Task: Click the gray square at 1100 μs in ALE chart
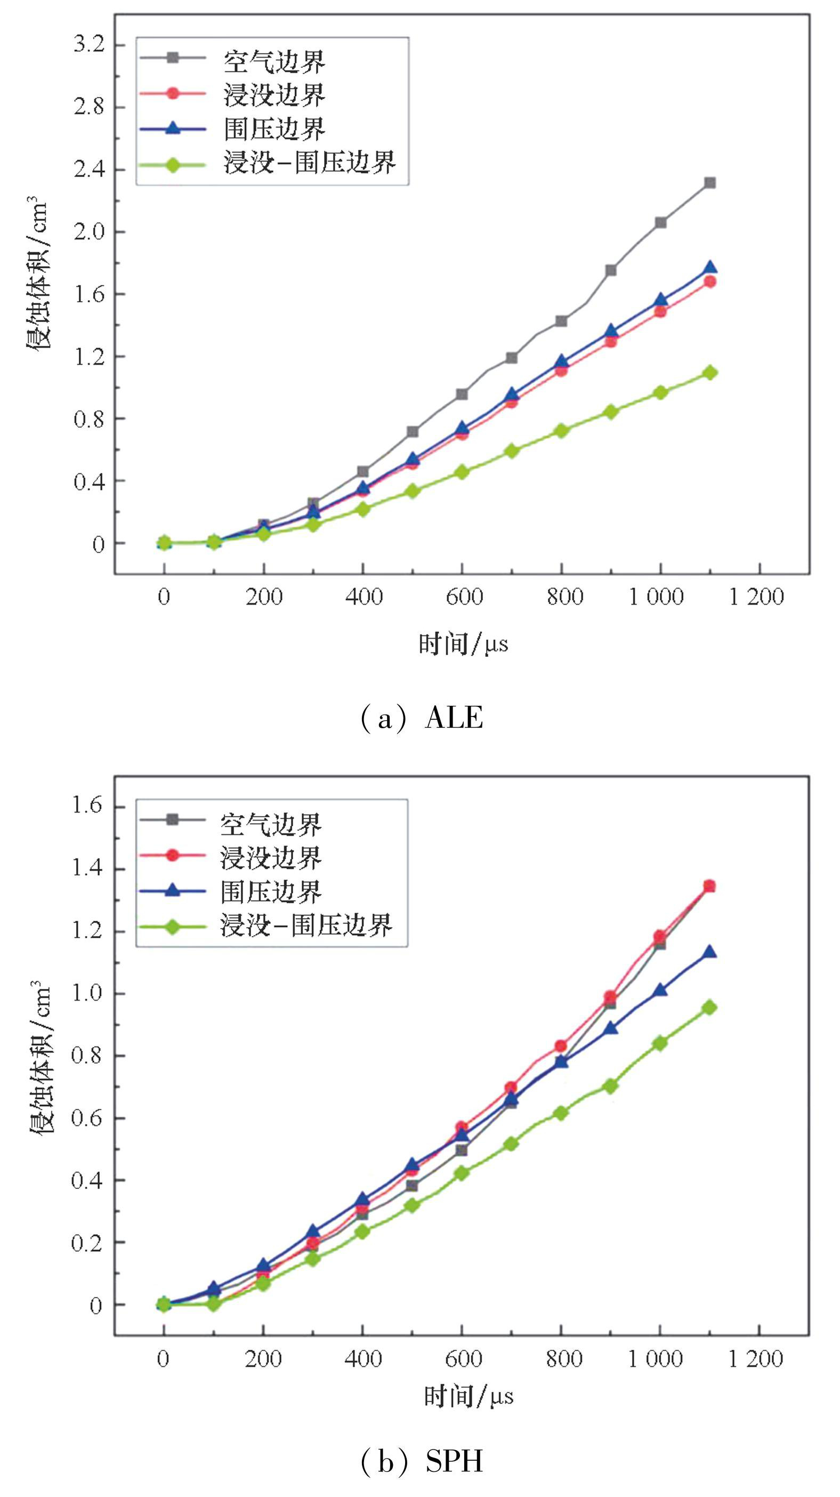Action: tap(709, 182)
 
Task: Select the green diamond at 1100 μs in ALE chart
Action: tap(709, 373)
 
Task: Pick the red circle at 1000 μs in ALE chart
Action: tap(660, 311)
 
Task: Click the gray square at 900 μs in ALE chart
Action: tap(610, 270)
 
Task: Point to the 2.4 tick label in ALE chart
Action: tap(89, 169)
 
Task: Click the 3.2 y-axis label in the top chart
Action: tap(89, 44)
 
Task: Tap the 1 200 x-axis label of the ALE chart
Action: tap(756, 597)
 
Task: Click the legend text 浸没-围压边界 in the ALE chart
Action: tap(310, 162)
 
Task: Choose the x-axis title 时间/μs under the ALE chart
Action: tap(464, 644)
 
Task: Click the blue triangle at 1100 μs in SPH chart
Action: tap(709, 952)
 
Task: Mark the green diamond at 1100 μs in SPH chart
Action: tap(709, 1007)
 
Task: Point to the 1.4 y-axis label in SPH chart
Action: tap(86, 868)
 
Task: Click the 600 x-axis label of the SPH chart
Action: tap(464, 1359)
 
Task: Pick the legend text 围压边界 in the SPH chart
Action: tap(271, 892)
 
